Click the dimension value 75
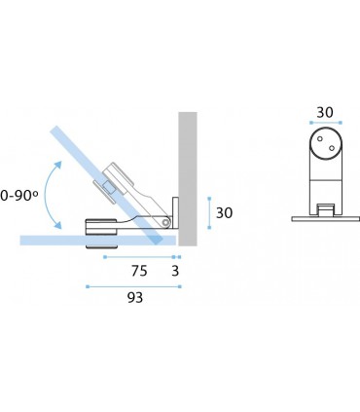pyautogui.click(x=139, y=271)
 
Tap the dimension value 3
pyautogui.click(x=175, y=271)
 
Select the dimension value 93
pyautogui.click(x=135, y=297)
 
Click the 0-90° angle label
pyautogui.click(x=18, y=196)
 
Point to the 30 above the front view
pyautogui.click(x=325, y=113)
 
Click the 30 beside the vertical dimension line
pyautogui.click(x=225, y=213)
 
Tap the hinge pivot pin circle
pyautogui.click(x=166, y=222)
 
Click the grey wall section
pyautogui.click(x=188, y=179)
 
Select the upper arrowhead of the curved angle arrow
pyautogui.click(x=57, y=165)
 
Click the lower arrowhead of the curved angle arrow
pyautogui.click(x=57, y=225)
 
